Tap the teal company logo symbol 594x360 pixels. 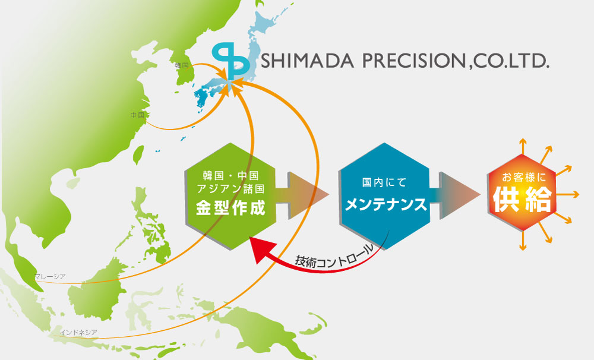click(x=230, y=62)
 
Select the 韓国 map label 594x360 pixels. click(x=181, y=65)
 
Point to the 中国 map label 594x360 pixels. click(x=138, y=115)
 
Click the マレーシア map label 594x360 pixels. click(x=50, y=277)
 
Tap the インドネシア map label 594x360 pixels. click(x=78, y=332)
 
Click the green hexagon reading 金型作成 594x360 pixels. click(x=230, y=196)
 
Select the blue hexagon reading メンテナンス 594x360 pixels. click(x=385, y=196)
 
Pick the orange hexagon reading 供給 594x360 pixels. click(x=522, y=192)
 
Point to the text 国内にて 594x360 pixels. click(x=384, y=182)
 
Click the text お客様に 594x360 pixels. click(x=523, y=177)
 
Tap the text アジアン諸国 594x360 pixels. click(x=230, y=188)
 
